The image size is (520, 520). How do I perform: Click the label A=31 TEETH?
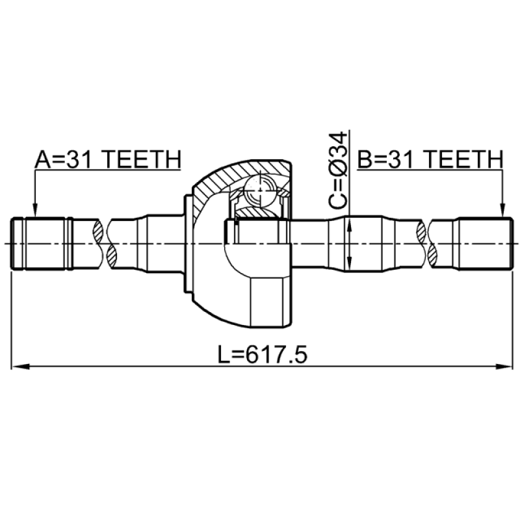tap(108, 159)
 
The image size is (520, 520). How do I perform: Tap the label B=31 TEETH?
tap(430, 159)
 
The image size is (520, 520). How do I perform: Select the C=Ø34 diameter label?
tap(338, 171)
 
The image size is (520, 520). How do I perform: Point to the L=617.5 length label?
tap(263, 354)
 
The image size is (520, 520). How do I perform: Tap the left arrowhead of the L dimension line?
tap(21, 367)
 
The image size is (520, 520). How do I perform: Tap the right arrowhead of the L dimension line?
tap(504, 367)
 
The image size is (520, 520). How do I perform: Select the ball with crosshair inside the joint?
tap(260, 191)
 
